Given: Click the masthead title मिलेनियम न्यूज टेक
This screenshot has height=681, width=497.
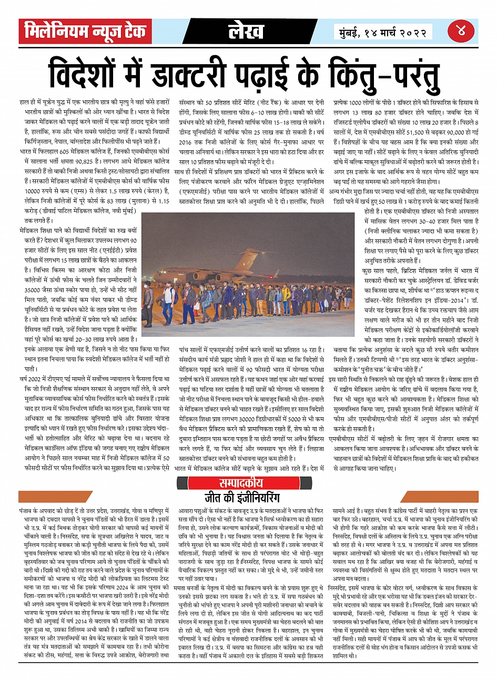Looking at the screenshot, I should [x=84, y=32].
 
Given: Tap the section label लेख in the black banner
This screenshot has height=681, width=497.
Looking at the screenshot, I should [x=246, y=32].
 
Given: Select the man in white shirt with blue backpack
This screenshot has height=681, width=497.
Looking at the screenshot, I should [x=169, y=302].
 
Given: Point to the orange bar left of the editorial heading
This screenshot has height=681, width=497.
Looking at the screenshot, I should [x=47, y=497].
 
